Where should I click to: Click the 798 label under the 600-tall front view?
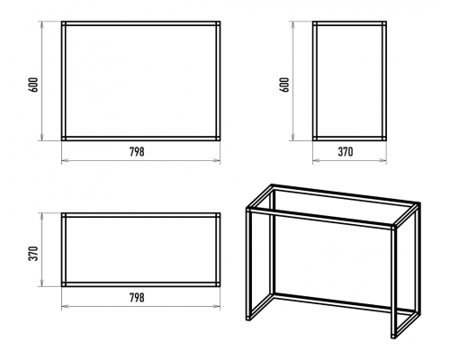tap(137, 151)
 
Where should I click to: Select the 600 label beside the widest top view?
tap(35, 85)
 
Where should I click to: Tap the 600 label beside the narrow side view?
tap(285, 85)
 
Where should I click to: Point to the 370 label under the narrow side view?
tap(346, 151)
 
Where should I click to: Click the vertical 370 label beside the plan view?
tap(35, 253)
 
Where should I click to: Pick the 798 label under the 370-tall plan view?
tap(137, 297)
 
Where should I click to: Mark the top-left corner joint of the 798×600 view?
tap(64, 23)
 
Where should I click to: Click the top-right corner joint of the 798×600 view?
tap(218, 23)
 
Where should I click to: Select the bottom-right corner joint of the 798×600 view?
tap(218, 139)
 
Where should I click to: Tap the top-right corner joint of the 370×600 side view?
tap(384, 23)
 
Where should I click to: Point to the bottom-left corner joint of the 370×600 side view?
tap(315, 139)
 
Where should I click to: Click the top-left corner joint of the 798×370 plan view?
tap(64, 215)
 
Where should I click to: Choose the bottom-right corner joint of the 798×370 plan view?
tap(218, 284)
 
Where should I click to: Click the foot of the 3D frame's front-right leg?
tap(393, 335)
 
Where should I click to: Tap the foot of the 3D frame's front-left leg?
tap(248, 318)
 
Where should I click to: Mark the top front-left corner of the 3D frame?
tap(248, 210)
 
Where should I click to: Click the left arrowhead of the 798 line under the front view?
tap(65, 161)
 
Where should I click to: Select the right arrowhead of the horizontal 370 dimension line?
tap(383, 161)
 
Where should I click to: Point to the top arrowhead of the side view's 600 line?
tap(292, 24)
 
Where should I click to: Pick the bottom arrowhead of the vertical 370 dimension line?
tap(42, 283)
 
